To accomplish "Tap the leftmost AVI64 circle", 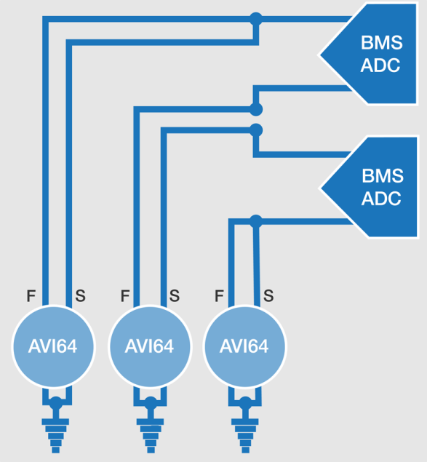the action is tap(53, 346).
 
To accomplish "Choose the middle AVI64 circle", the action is tap(150, 346).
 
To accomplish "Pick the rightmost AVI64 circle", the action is tap(244, 346).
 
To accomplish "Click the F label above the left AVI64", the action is tap(31, 296).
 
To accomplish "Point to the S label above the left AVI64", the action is tap(81, 296).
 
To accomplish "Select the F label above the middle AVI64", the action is tap(125, 296).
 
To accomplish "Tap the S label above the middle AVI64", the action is tap(175, 296).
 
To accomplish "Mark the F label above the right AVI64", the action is tap(219, 296).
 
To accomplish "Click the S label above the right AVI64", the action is tap(268, 296).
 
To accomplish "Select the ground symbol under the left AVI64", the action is tap(55, 436).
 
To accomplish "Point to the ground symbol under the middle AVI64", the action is tap(151, 436).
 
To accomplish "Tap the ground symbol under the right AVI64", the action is tap(245, 436).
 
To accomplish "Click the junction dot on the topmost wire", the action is tap(256, 19).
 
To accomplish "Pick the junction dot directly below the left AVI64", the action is tap(55, 403).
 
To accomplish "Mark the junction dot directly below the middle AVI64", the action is tap(151, 403).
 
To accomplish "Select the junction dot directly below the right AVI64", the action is tap(245, 403).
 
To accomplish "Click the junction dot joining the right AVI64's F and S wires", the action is tap(256, 221).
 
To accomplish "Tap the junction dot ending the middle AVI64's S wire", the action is tap(256, 130).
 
